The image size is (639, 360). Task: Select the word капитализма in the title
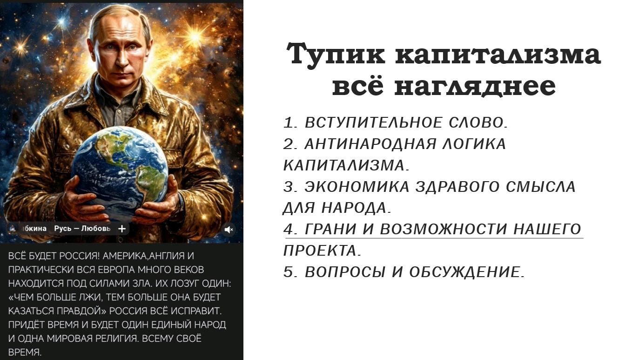tap(498, 54)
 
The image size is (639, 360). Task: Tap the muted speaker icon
tap(229, 229)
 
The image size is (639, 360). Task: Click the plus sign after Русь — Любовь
tap(122, 229)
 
